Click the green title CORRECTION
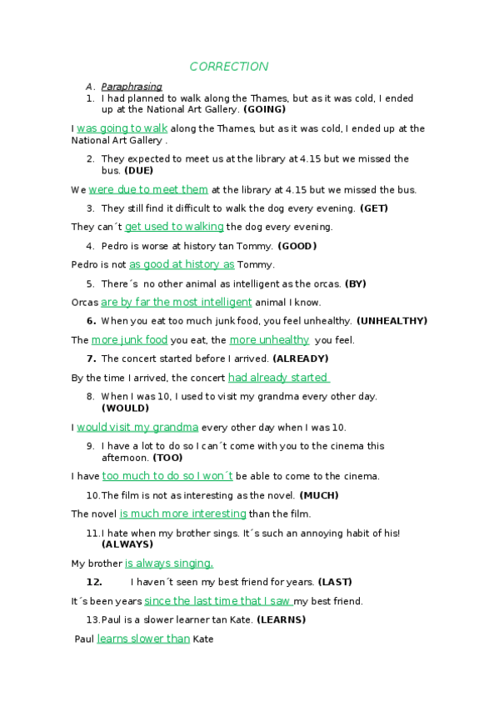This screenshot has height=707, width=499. [228, 67]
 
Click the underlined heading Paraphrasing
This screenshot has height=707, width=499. [131, 87]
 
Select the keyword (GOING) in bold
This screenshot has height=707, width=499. [264, 109]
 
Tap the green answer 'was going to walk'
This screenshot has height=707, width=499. [122, 128]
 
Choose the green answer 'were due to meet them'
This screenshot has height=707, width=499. [148, 189]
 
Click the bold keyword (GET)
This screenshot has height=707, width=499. [373, 208]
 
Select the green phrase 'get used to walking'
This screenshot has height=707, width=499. [174, 227]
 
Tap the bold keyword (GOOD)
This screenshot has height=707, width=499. [297, 246]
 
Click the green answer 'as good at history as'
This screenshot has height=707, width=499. [182, 264]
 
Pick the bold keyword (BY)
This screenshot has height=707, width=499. [355, 283]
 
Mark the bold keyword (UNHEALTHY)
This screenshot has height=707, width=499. [392, 321]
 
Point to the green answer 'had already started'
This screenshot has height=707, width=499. [278, 378]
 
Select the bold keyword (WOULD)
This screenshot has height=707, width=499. [125, 409]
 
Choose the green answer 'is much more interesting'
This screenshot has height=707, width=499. [182, 514]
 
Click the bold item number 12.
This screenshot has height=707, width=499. [94, 582]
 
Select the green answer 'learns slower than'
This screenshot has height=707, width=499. [143, 639]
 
